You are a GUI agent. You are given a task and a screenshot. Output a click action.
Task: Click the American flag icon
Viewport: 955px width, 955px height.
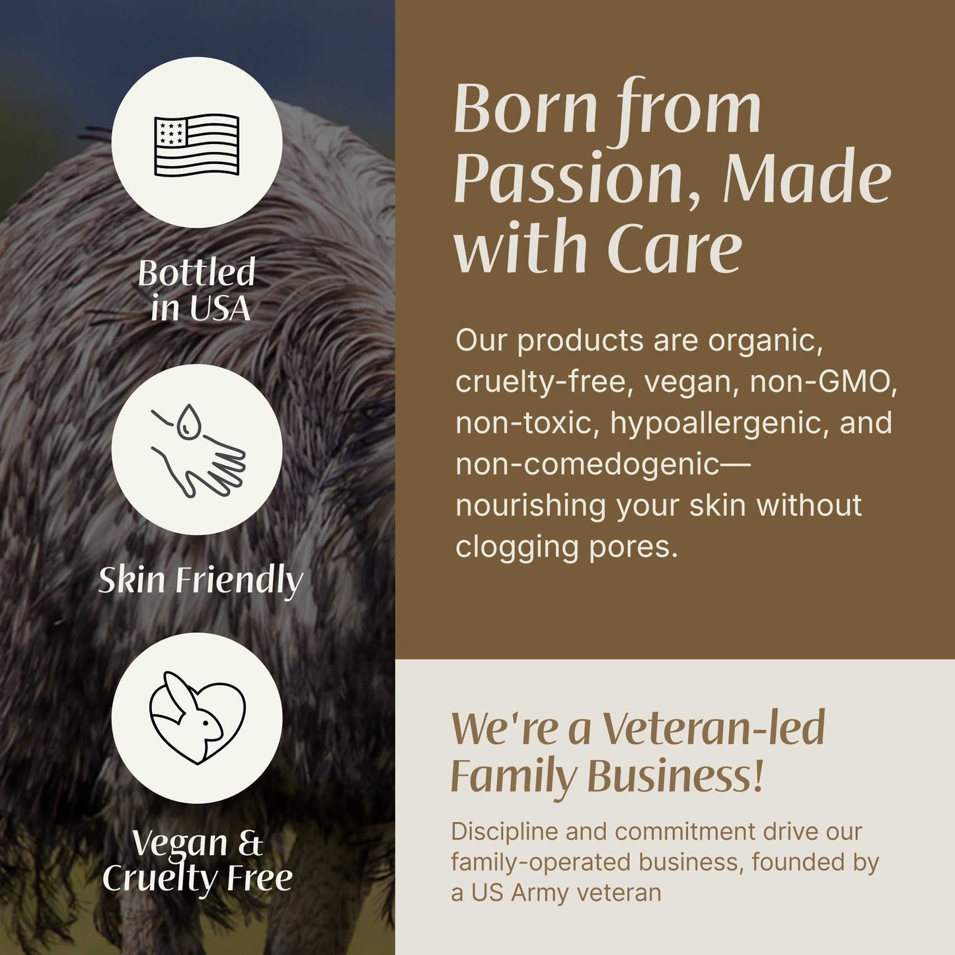pyautogui.click(x=196, y=144)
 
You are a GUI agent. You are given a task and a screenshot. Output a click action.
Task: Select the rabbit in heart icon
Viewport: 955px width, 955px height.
pyautogui.click(x=197, y=718)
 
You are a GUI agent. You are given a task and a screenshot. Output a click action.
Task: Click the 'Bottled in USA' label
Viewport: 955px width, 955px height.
pyautogui.click(x=197, y=291)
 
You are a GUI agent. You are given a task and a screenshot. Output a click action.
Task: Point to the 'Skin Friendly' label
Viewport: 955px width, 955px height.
pyautogui.click(x=200, y=580)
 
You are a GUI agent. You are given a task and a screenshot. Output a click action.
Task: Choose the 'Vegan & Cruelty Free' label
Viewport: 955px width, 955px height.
pyautogui.click(x=197, y=860)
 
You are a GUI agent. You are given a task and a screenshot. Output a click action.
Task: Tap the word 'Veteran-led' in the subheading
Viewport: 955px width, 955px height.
pyautogui.click(x=714, y=728)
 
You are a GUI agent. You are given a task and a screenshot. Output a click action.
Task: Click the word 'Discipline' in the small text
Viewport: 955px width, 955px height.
pyautogui.click(x=504, y=831)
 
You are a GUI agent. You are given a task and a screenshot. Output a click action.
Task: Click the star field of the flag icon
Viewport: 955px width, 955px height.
pyautogui.click(x=170, y=131)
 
